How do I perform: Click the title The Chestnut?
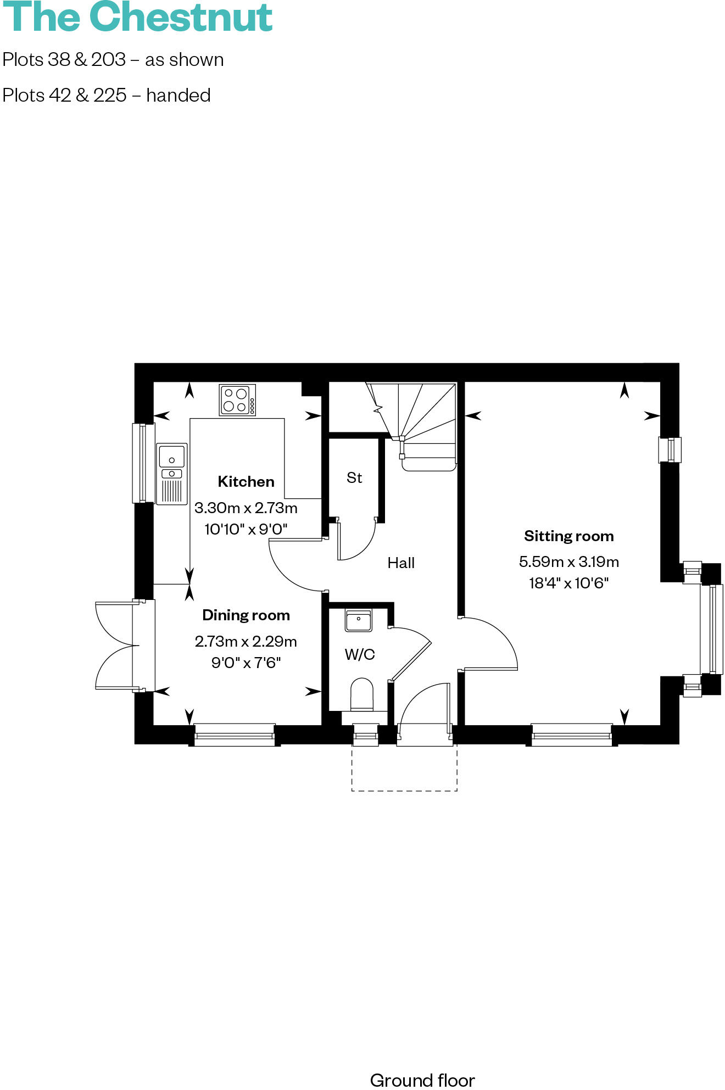(137, 18)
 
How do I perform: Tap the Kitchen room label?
(246, 482)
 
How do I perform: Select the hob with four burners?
(237, 400)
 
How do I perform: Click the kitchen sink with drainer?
(172, 474)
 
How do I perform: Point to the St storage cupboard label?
(354, 478)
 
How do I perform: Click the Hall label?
(401, 563)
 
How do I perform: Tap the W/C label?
(360, 654)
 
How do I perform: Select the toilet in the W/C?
(361, 695)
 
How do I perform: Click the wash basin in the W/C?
(358, 620)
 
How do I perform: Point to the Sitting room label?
(568, 536)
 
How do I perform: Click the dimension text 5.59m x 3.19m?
(568, 562)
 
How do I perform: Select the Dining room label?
(246, 615)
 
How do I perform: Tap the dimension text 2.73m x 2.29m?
(246, 642)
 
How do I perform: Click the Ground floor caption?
(422, 1080)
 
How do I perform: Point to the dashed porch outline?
(404, 790)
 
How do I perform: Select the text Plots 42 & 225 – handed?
(107, 96)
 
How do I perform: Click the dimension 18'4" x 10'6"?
(568, 583)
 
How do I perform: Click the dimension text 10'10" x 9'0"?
(246, 530)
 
